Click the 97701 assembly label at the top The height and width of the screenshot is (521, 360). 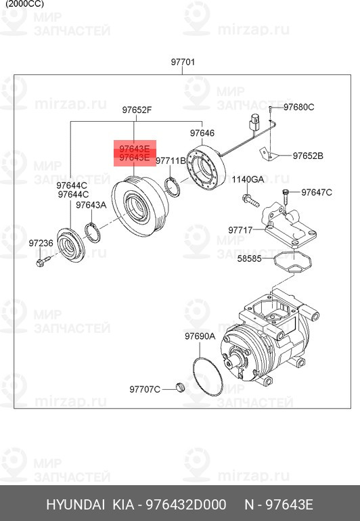(x=183, y=62)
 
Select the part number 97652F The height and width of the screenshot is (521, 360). (x=137, y=110)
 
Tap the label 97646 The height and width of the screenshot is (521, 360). (x=202, y=133)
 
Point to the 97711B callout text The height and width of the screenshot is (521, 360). (x=171, y=161)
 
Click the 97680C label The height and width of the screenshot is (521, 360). (x=299, y=107)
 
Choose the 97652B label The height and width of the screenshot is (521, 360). (x=308, y=156)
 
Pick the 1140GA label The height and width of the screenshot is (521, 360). (x=248, y=179)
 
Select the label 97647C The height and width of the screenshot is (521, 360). (x=317, y=192)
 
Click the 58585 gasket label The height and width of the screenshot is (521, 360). (x=249, y=258)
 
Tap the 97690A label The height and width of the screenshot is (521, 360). (x=200, y=336)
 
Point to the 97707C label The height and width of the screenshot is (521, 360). (x=145, y=389)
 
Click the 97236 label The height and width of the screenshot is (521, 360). (x=41, y=243)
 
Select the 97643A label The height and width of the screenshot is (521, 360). (x=91, y=205)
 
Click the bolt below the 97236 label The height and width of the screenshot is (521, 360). (x=43, y=262)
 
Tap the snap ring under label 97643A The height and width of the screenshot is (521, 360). (x=93, y=233)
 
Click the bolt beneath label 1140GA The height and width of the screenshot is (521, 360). (x=250, y=201)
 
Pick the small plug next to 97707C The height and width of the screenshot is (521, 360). (x=180, y=387)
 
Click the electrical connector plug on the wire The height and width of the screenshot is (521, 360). (x=254, y=122)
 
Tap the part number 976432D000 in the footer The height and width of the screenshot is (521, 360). (x=186, y=504)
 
